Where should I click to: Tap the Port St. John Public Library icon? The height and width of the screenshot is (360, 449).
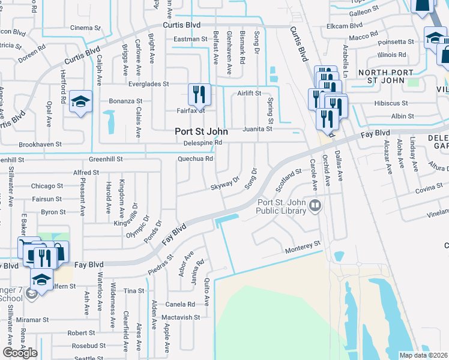[x=315, y=206]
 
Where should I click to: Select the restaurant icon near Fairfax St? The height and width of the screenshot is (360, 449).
[x=199, y=94]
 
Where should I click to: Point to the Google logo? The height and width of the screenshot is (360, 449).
[x=20, y=353]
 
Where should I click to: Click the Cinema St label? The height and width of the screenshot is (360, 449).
[x=86, y=28]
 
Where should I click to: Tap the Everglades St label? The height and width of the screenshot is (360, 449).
[x=148, y=84]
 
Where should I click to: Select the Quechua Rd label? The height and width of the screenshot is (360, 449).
[x=196, y=159]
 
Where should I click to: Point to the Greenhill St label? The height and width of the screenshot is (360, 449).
[x=106, y=160]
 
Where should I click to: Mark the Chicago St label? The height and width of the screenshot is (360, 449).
[x=47, y=186]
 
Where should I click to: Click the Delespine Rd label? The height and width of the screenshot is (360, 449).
[x=203, y=143]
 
